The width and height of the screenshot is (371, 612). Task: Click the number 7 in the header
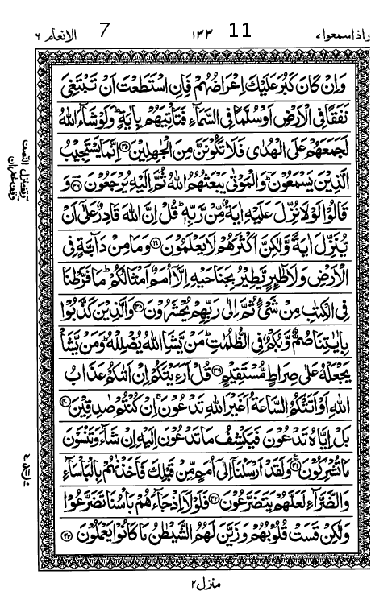104,31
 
